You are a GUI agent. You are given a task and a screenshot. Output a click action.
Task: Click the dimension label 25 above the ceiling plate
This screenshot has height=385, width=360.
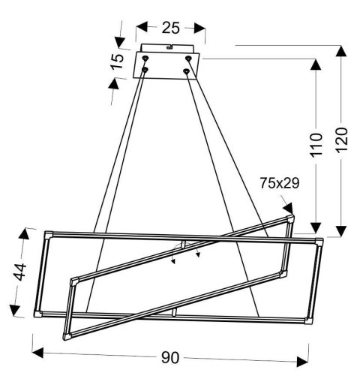coord(170,28)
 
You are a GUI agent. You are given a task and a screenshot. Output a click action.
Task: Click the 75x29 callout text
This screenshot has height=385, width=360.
coord(280,182)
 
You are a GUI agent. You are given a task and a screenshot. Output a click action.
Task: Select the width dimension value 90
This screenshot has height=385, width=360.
coord(172,358)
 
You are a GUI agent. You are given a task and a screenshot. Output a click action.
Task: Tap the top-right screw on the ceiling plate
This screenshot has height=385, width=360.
coord(190,56)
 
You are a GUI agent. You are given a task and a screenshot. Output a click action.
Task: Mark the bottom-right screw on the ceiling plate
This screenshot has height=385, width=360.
coord(187,71)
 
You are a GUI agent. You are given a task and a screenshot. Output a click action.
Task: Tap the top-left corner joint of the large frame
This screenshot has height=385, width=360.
coord(49,235)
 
